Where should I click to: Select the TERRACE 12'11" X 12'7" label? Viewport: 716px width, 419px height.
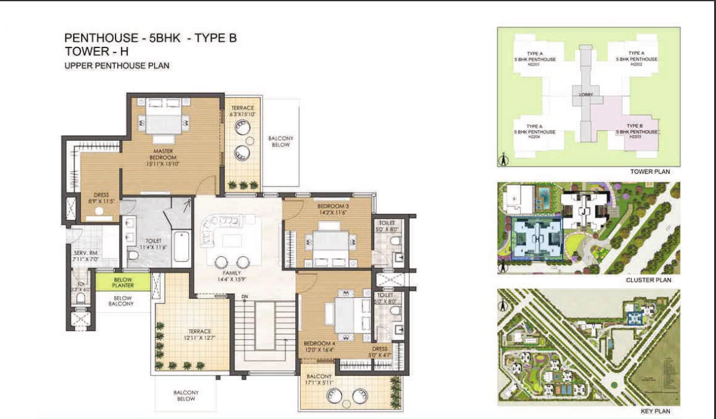coord(200,335)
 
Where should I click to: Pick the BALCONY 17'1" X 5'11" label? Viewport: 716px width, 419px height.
coord(319,380)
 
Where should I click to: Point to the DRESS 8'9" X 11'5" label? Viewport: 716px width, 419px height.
coord(101,198)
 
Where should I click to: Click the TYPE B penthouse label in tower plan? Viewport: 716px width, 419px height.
coord(636,129)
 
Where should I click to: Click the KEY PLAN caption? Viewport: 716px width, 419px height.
coord(655,411)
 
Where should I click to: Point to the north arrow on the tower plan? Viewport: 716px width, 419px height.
coord(504,160)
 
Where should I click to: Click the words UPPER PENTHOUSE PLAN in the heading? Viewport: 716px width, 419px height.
coord(117,65)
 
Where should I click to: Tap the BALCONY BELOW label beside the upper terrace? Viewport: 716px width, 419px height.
coord(280,142)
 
